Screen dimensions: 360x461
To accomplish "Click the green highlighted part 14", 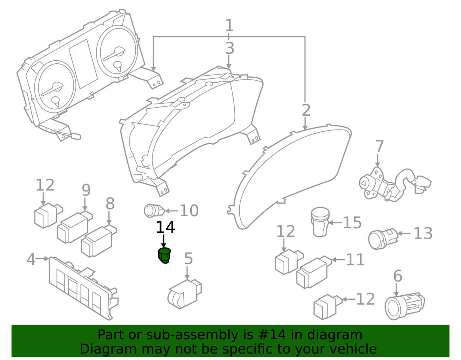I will [164, 255].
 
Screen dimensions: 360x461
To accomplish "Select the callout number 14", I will [165, 227].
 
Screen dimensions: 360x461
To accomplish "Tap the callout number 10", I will [189, 211].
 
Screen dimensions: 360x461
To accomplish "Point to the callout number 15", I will [352, 222].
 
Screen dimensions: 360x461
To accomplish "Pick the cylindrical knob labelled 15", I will [320, 222].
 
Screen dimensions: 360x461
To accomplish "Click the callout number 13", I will [423, 233].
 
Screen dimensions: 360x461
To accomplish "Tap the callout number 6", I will [398, 276].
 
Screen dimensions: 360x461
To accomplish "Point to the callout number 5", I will [188, 259].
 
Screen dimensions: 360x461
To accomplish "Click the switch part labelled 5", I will [183, 294].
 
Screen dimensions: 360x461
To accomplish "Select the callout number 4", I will [31, 259].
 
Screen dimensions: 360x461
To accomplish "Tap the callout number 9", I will [86, 190].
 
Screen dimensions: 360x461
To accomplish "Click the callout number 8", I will [110, 204].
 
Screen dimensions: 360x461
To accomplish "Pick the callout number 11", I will [355, 260].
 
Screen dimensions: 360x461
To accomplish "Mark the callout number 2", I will [306, 111].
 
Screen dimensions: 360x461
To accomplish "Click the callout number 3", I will [229, 48].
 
